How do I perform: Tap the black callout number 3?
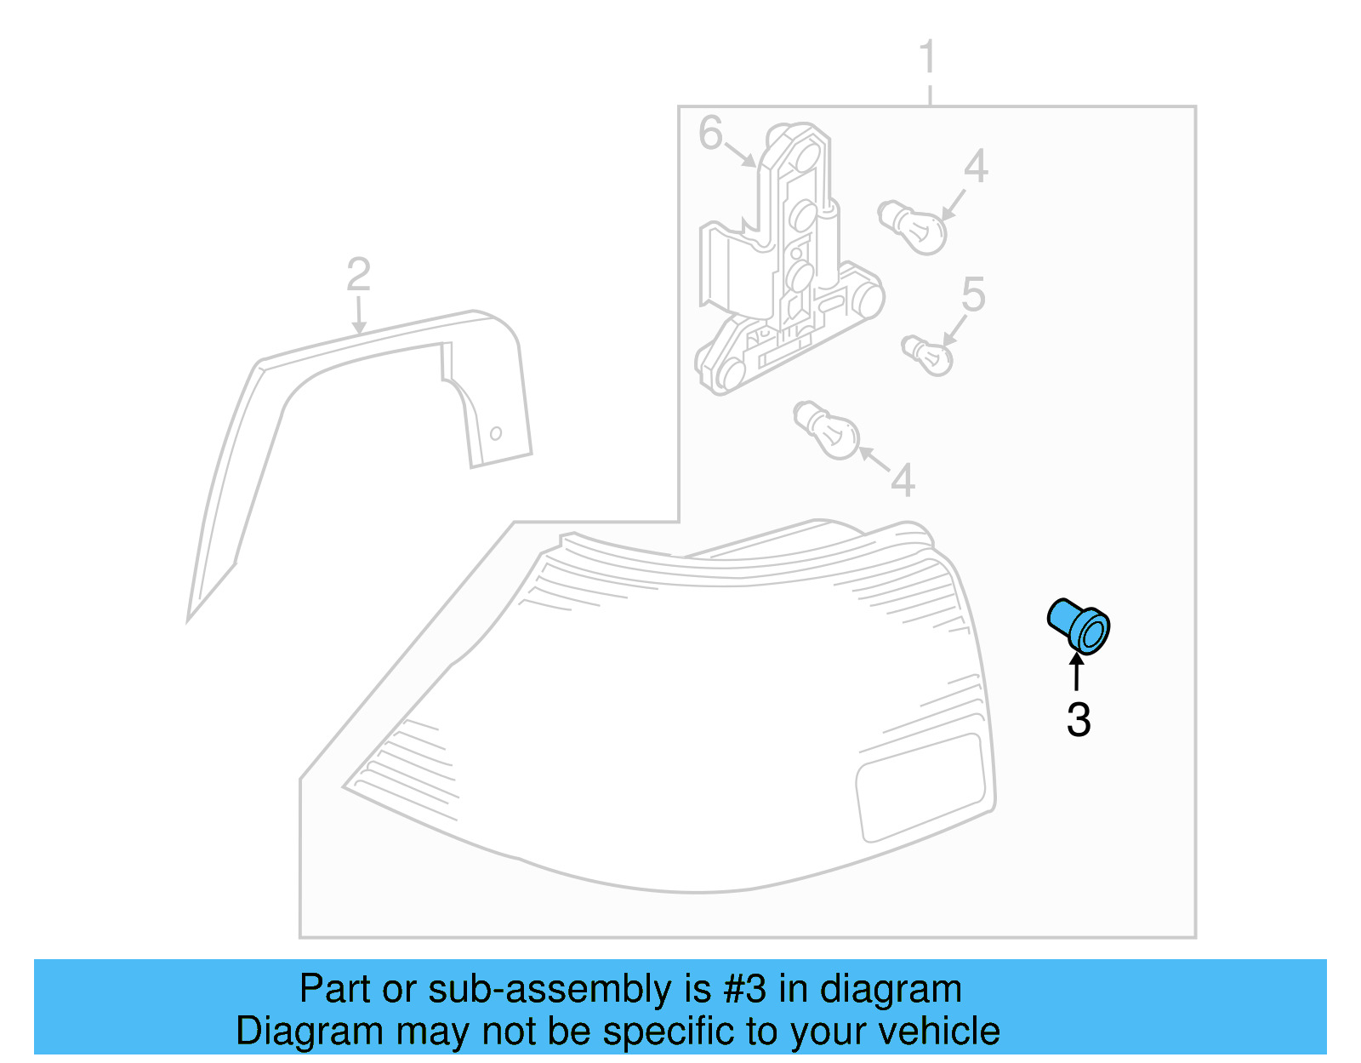[1079, 720]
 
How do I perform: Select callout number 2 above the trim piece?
[358, 274]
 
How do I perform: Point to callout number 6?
[709, 133]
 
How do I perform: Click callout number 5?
[973, 294]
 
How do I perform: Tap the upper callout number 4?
[976, 166]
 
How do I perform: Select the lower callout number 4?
[903, 480]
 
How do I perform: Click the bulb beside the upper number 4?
[914, 226]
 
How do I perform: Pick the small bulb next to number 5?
[927, 356]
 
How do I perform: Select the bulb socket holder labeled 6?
[787, 264]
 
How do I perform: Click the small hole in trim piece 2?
[495, 433]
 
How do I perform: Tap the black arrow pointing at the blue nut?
[1078, 672]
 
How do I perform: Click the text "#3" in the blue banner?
[745, 989]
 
